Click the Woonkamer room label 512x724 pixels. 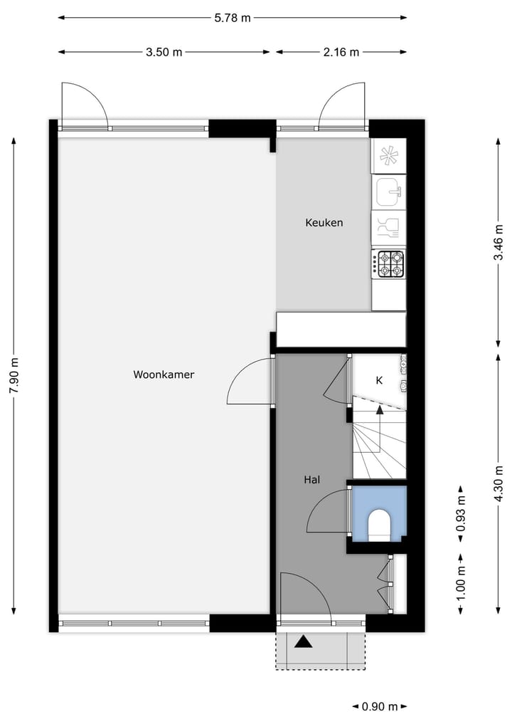pos(164,374)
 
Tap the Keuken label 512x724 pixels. pos(324,223)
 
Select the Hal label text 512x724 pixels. pos(311,480)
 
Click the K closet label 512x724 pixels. pos(379,381)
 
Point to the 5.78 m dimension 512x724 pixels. pos(233,18)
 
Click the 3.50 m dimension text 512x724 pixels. pos(164,52)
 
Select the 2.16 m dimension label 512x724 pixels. pos(341,52)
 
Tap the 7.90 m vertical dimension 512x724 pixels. pos(14,375)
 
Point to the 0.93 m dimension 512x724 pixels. pos(461,518)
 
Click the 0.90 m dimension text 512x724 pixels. pos(380,707)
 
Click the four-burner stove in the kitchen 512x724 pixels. pos(390,263)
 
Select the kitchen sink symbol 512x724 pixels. pos(388,191)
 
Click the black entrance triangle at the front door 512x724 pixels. pos(304,642)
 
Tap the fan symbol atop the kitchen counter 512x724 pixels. pos(388,156)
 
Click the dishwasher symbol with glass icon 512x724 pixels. pos(388,228)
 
